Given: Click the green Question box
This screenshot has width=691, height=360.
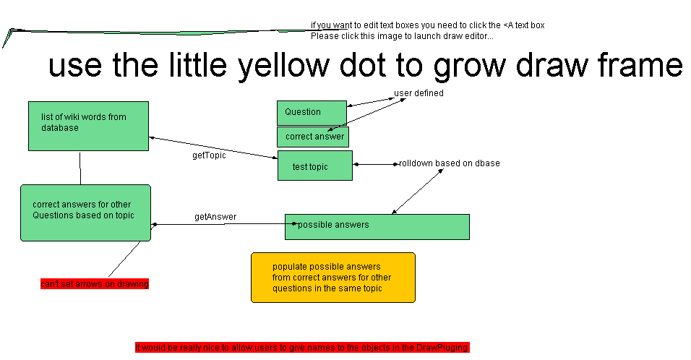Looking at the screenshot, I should (312, 113).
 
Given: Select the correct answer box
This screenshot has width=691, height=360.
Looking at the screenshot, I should (313, 137).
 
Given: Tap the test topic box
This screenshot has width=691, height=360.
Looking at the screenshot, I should (314, 166).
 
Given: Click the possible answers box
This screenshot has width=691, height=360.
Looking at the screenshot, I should (377, 226).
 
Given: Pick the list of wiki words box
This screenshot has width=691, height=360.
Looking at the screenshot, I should (88, 126).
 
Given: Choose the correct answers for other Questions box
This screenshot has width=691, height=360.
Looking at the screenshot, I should (85, 213).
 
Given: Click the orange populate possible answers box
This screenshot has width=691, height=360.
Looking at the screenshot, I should (332, 277).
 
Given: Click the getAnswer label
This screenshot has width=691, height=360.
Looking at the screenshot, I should (215, 217).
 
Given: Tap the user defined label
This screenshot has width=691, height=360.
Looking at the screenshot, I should (419, 93).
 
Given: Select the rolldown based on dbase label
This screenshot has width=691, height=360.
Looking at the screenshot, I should (449, 163).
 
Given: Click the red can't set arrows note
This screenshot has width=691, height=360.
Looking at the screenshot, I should (94, 284).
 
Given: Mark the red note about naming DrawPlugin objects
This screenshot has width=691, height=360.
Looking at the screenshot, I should (302, 348).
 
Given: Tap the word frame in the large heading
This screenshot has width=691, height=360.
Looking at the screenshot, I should (640, 67).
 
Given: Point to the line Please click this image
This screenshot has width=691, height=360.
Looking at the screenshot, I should (402, 36).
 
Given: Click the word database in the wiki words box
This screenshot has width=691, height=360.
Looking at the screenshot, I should (60, 128).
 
